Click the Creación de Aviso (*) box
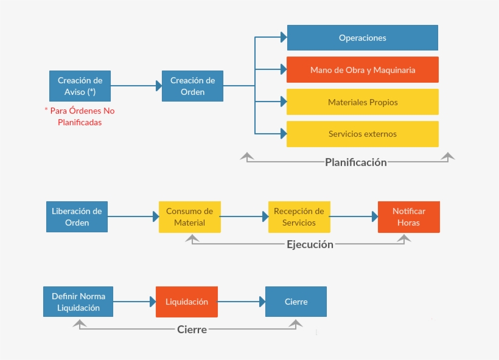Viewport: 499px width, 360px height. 80,86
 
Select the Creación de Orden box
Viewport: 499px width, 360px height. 192,86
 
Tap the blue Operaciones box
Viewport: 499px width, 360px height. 362,38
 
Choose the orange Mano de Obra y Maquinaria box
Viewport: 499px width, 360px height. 362,70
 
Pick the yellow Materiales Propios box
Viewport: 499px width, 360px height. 362,102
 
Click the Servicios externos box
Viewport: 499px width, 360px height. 362,134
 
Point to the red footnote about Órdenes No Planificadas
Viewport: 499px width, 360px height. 79,116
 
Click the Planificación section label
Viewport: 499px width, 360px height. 355,162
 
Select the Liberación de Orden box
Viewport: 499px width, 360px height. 77,216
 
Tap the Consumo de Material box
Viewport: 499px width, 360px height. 189,216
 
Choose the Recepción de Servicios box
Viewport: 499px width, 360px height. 299,216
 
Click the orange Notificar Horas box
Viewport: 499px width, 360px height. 408,216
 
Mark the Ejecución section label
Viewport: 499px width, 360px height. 310,244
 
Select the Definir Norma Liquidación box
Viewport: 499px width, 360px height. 78,302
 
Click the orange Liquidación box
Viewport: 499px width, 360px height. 186,302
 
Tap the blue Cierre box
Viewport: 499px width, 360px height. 296,302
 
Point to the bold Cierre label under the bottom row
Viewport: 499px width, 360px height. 192,330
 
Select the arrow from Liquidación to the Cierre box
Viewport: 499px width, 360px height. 241,302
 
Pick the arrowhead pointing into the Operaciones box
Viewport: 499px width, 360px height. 283,38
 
